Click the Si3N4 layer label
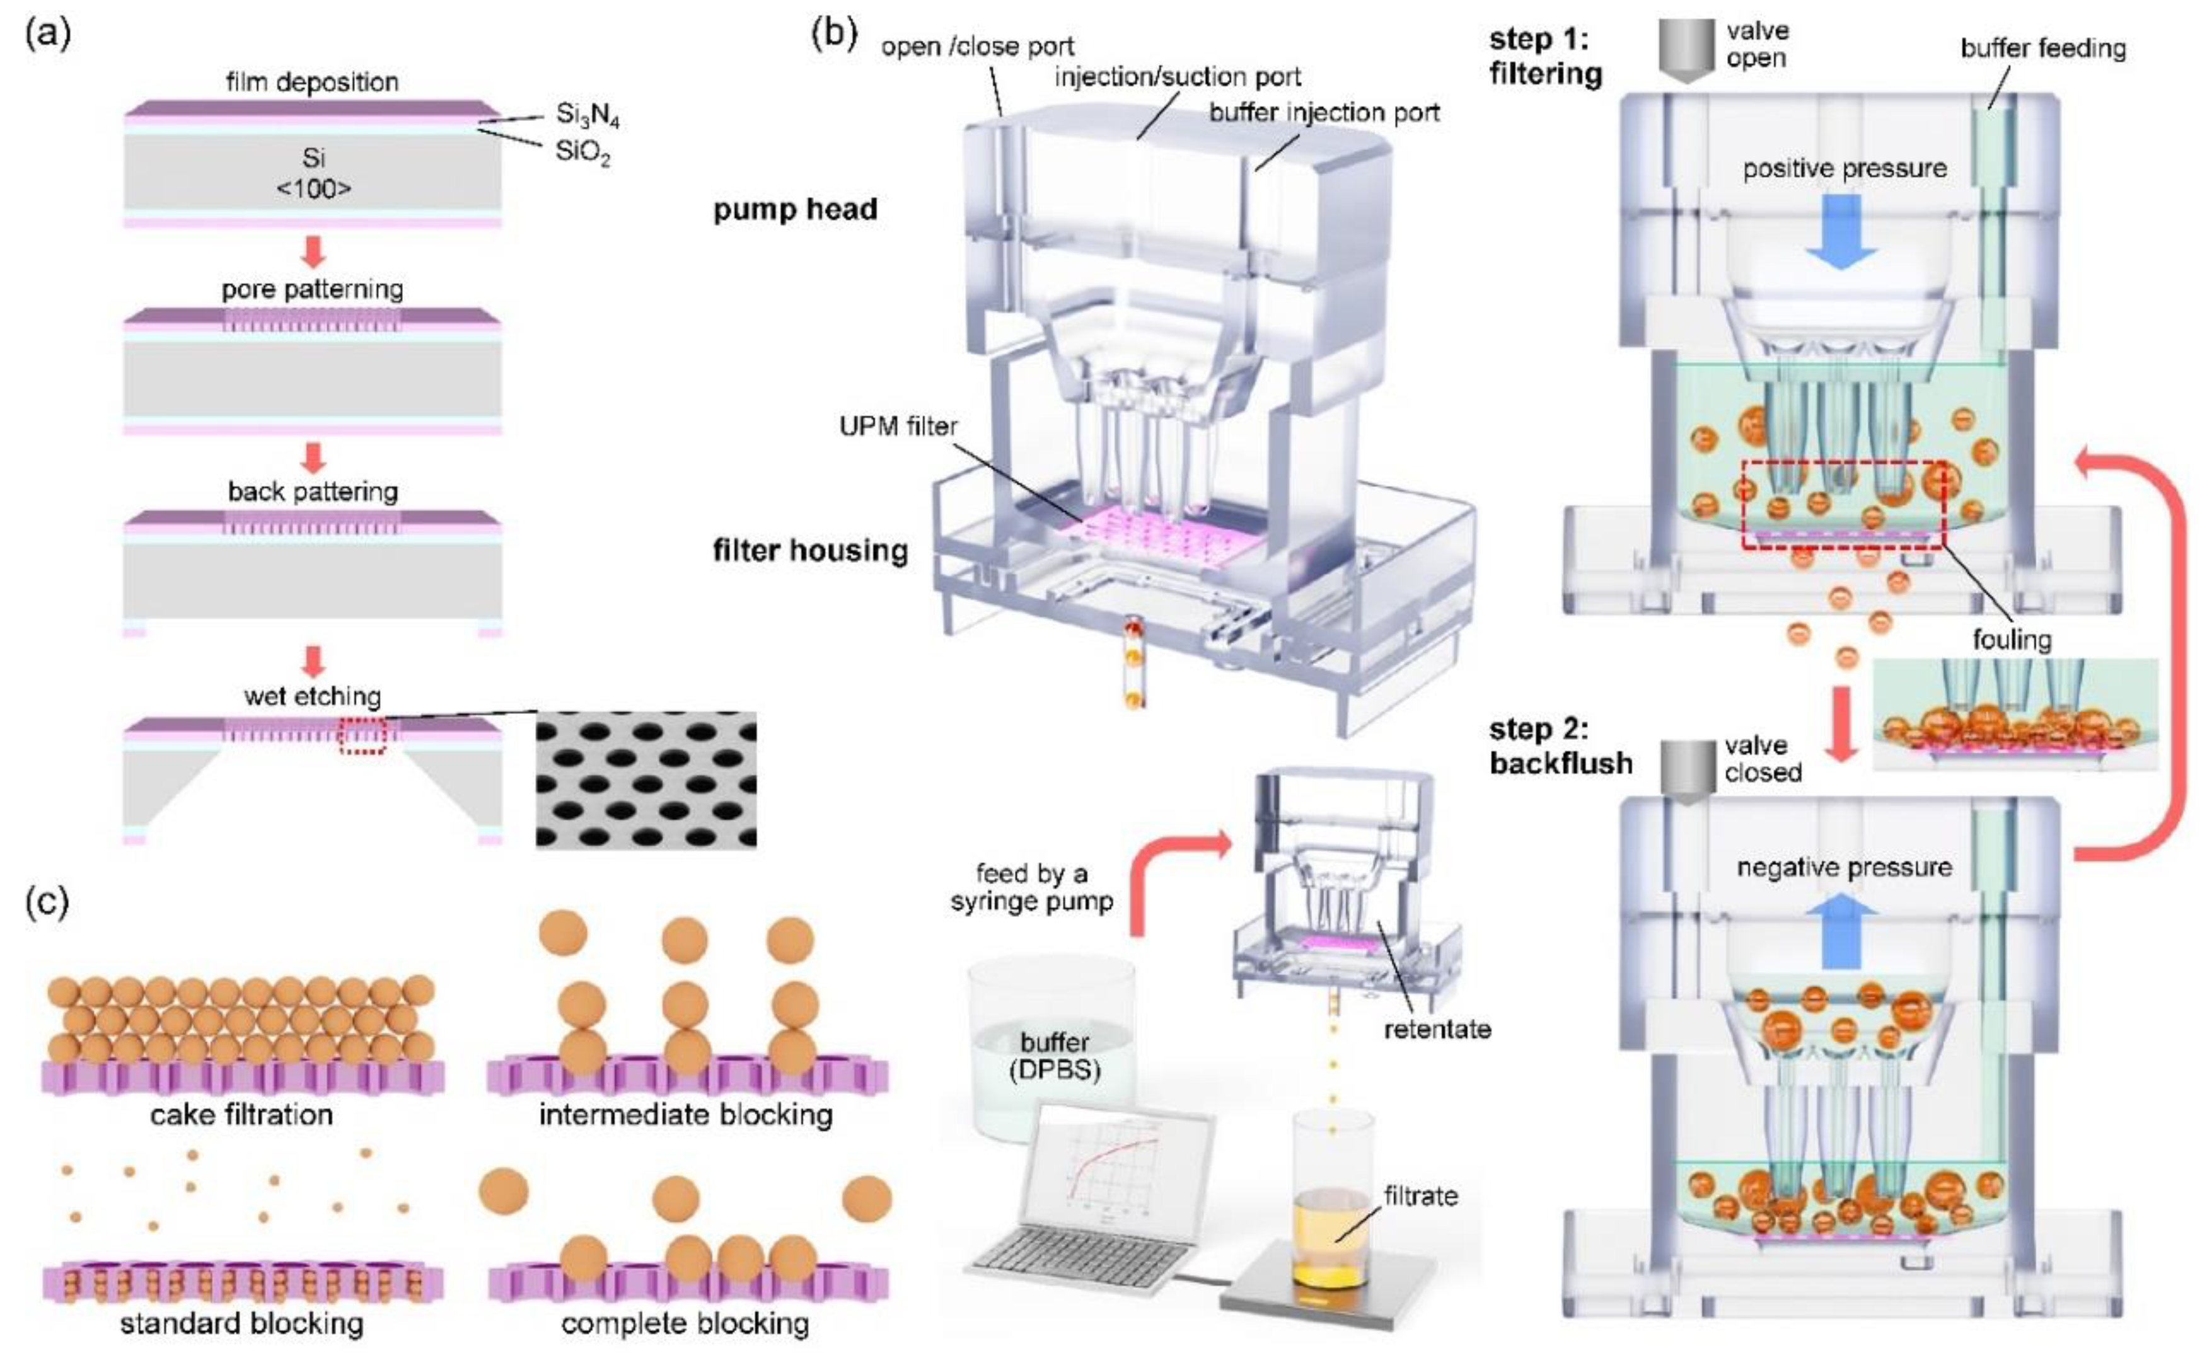(588, 115)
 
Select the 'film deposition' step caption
(311, 82)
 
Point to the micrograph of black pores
(646, 780)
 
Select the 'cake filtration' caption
(241, 1115)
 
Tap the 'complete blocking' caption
(685, 1323)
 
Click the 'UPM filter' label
(898, 426)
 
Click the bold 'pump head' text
(795, 209)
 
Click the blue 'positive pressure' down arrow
(1841, 231)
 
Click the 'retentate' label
(1437, 1029)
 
